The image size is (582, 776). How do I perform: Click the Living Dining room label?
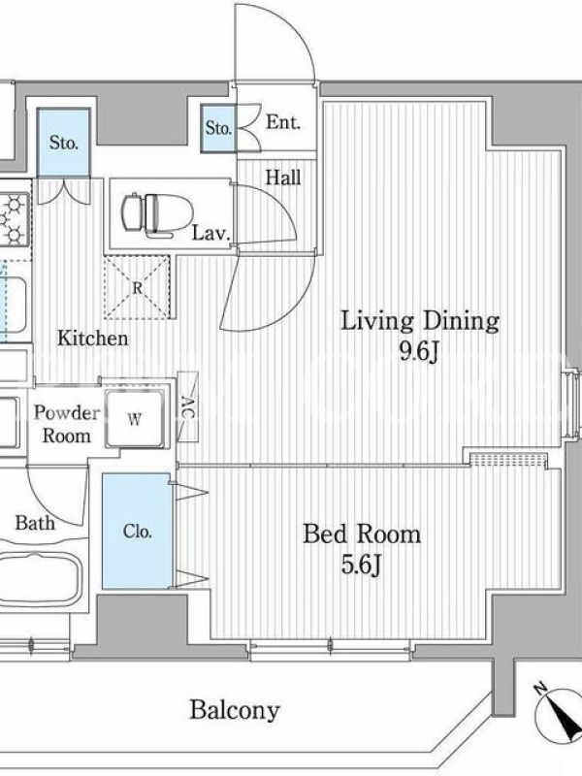[420, 321]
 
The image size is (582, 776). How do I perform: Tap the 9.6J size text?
[420, 352]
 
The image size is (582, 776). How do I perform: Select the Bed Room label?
[362, 534]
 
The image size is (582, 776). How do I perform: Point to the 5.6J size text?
[361, 565]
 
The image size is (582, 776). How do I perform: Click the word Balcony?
[235, 710]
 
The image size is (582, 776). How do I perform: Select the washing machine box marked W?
[135, 419]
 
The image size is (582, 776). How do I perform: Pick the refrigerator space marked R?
[138, 287]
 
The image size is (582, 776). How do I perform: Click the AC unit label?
[187, 407]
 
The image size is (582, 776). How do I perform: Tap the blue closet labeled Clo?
[137, 531]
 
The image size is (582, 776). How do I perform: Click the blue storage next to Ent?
[218, 128]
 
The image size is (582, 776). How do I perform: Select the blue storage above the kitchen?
[64, 143]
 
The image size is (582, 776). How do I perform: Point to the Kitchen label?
[92, 339]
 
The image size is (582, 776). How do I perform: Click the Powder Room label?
[67, 424]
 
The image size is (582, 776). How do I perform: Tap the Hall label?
[283, 178]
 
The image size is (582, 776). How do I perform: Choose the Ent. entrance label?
[283, 122]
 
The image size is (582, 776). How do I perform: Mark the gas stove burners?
[14, 217]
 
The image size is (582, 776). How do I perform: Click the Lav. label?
[210, 233]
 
